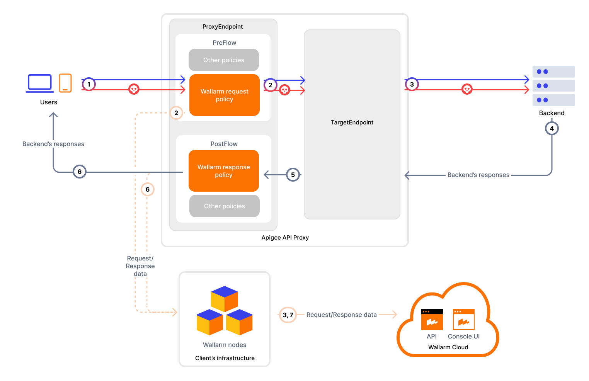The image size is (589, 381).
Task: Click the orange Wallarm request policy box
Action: (224, 95)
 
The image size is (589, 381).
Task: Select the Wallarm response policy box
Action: (223, 171)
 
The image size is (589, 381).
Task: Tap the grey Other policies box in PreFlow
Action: (223, 60)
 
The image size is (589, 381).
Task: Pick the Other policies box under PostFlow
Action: (224, 206)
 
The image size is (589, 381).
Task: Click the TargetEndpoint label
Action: (352, 122)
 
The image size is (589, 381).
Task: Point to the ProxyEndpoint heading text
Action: (223, 27)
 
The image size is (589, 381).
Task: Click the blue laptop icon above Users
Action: (40, 83)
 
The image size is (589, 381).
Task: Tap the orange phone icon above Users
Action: (65, 83)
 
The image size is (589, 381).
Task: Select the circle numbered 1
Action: (89, 84)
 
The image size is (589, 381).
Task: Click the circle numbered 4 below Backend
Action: (552, 128)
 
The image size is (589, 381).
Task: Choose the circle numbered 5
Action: (293, 175)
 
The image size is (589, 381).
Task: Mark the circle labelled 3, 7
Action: (288, 315)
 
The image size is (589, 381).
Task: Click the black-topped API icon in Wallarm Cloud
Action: (432, 320)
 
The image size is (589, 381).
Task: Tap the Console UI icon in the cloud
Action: (463, 320)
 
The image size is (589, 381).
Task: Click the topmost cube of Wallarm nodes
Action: (224, 298)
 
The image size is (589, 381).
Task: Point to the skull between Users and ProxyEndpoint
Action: (134, 89)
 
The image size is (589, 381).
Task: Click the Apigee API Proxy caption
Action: (285, 238)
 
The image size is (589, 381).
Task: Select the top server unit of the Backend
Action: (553, 71)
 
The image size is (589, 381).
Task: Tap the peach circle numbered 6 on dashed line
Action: (147, 189)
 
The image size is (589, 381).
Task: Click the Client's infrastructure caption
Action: (225, 358)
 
